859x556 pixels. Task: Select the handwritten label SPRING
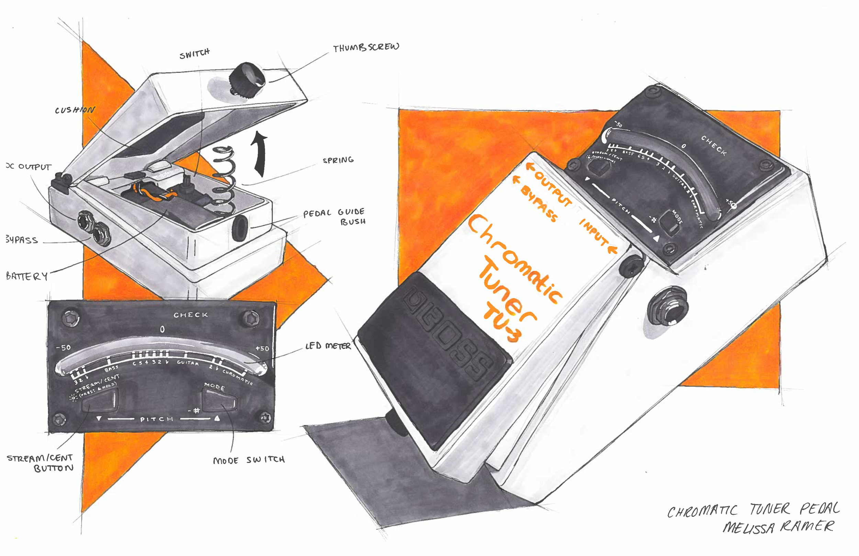pyautogui.click(x=338, y=160)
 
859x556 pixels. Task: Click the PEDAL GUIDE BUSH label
pyautogui.click(x=335, y=216)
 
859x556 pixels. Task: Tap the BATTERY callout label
pyautogui.click(x=27, y=277)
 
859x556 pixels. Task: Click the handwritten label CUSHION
pyautogui.click(x=75, y=110)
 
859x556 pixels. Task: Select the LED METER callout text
pyautogui.click(x=328, y=346)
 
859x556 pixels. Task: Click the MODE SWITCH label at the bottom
pyautogui.click(x=249, y=460)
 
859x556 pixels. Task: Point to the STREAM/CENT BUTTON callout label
pyautogui.click(x=41, y=463)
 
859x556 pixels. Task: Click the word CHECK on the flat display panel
pyautogui.click(x=191, y=315)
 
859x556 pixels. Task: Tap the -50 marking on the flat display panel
pyautogui.click(x=64, y=348)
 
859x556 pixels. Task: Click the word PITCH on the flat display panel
pyautogui.click(x=157, y=419)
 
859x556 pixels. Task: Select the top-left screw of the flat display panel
pyautogui.click(x=71, y=318)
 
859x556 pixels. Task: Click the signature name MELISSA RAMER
pyautogui.click(x=778, y=527)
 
